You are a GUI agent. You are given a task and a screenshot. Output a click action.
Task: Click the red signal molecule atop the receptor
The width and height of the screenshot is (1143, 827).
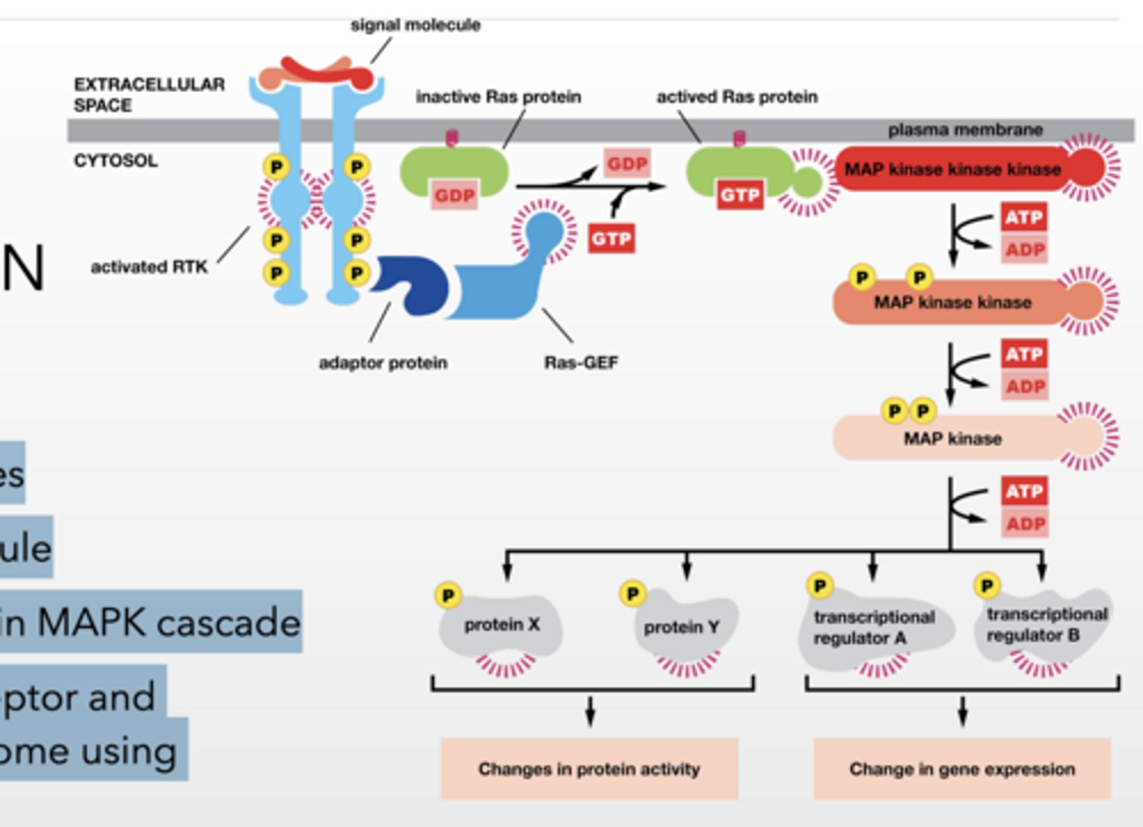click(333, 73)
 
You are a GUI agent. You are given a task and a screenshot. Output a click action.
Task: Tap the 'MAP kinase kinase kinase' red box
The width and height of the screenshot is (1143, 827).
click(952, 169)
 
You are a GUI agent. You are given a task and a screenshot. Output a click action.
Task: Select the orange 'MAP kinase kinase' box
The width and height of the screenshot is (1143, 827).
click(952, 302)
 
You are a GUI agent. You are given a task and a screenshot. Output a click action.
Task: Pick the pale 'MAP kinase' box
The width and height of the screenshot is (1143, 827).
click(952, 438)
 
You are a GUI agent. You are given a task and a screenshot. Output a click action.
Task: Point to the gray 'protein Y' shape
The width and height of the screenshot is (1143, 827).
click(682, 628)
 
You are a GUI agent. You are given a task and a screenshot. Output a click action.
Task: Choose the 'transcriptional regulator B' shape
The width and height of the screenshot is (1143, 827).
click(1046, 625)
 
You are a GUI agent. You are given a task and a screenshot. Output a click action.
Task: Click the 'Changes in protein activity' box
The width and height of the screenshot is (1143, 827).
click(589, 768)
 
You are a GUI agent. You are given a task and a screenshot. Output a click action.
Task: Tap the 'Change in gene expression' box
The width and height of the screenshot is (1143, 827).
click(962, 768)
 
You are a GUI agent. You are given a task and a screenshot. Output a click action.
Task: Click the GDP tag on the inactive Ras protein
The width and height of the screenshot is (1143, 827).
click(455, 195)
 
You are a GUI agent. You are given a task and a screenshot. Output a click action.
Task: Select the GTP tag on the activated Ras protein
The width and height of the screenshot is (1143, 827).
click(740, 194)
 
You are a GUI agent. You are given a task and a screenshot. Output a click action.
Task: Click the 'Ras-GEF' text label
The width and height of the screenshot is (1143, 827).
click(581, 363)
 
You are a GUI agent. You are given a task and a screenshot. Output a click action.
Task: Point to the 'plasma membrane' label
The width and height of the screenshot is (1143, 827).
click(965, 129)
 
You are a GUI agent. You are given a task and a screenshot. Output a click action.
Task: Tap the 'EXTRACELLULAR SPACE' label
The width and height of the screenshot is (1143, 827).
click(149, 94)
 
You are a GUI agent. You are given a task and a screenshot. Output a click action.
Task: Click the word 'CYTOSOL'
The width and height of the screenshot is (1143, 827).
click(116, 161)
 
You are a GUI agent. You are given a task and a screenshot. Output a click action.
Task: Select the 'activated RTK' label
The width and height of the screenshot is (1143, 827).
click(149, 267)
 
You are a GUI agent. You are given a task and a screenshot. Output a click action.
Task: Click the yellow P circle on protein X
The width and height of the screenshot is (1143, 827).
click(448, 594)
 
